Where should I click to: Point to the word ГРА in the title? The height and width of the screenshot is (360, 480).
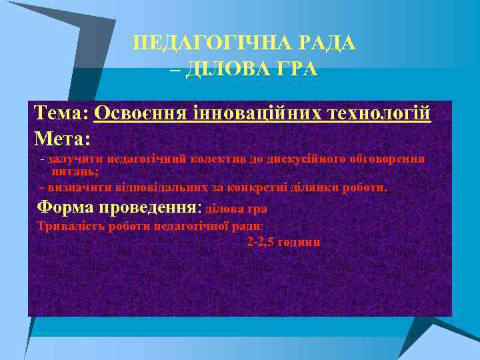(x=296, y=69)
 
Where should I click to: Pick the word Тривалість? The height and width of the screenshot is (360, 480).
(x=67, y=226)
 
